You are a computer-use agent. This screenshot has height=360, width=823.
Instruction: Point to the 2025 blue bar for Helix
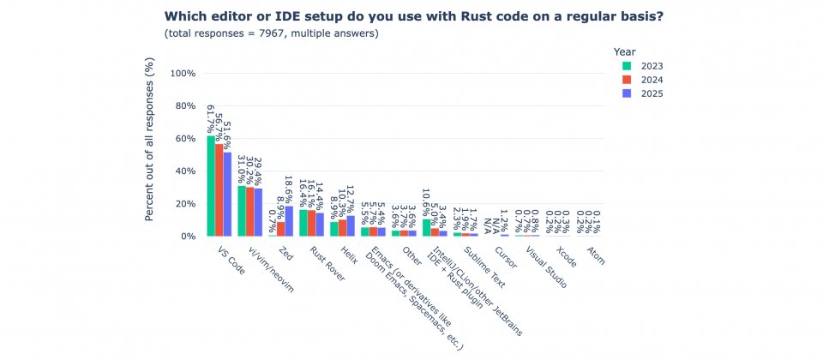[351, 226]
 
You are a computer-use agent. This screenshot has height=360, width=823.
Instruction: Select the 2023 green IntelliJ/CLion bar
[426, 228]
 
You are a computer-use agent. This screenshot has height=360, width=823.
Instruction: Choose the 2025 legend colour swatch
[627, 93]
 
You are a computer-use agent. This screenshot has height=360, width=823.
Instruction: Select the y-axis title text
[149, 139]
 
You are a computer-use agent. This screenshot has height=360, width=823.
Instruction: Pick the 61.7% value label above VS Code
[211, 118]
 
